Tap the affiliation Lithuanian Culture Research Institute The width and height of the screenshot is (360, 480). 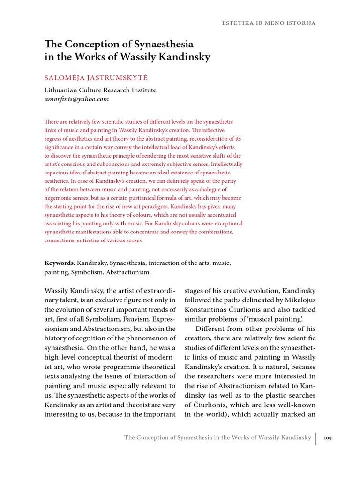pyautogui.click(x=100, y=90)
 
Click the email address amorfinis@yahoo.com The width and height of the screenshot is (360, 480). pyautogui.click(x=76, y=99)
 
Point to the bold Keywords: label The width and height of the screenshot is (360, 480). pyautogui.click(x=60, y=263)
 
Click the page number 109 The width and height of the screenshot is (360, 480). pyautogui.click(x=328, y=438)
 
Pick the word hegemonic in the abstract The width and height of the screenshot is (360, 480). pyautogui.click(x=60, y=198)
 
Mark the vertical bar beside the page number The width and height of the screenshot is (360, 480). pyautogui.click(x=316, y=438)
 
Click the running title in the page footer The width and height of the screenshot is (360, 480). pyautogui.click(x=217, y=438)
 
